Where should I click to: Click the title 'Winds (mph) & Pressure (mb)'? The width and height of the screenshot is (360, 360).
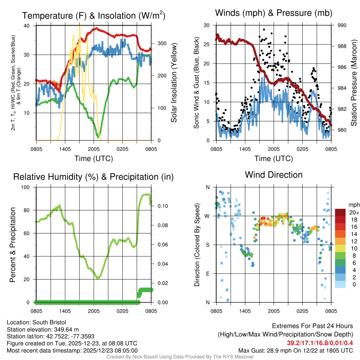tap(274, 13)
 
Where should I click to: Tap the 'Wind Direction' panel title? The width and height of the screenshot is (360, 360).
tap(274, 174)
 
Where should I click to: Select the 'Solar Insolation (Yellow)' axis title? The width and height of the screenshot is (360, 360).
tap(174, 83)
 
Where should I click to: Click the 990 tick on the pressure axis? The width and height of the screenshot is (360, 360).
tap(342, 25)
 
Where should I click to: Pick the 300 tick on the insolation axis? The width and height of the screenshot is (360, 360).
tap(162, 43)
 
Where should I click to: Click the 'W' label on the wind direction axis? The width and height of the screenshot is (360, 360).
tap(207, 216)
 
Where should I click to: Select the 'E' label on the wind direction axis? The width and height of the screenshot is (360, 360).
tap(208, 274)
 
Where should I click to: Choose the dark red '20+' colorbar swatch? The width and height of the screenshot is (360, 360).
tap(340, 212)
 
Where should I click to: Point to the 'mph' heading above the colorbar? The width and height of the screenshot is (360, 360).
tap(353, 205)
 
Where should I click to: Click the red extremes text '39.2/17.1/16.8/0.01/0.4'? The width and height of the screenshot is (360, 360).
tap(320, 343)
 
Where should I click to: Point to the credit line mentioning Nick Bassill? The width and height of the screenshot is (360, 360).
tap(180, 357)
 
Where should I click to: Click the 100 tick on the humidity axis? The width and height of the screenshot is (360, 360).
tap(27, 187)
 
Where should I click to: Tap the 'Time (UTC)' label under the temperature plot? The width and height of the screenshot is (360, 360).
tap(94, 159)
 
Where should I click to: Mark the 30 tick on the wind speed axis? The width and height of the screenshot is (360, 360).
tap(207, 25)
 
